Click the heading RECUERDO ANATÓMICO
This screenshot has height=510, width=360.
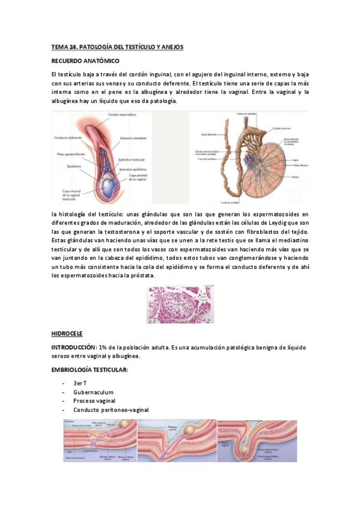pos(85,61)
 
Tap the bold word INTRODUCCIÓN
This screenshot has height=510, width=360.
pos(73,347)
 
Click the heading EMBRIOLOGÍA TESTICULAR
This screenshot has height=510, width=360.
pos(89,369)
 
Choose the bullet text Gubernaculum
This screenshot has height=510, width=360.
pos(93,392)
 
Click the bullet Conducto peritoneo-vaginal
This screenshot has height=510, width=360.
pos(111,410)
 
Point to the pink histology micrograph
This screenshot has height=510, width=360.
pos(180,304)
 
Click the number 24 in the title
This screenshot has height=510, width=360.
pos(69,46)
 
